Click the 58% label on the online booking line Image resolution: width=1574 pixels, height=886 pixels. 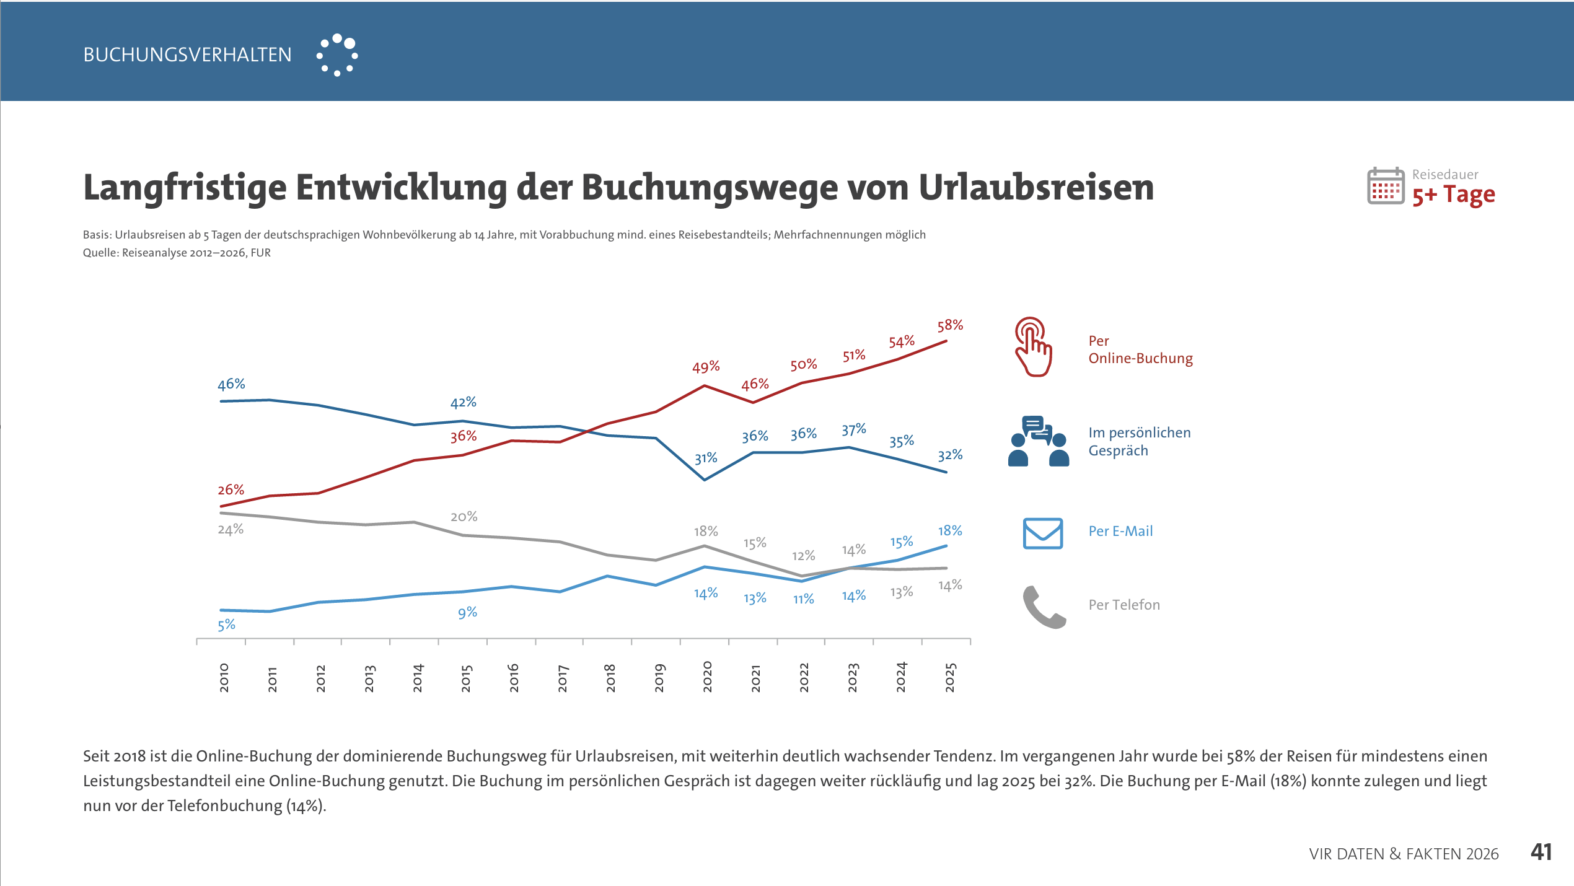click(x=950, y=325)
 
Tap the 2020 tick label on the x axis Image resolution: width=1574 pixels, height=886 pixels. click(x=707, y=677)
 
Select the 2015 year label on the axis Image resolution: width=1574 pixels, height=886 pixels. click(x=467, y=678)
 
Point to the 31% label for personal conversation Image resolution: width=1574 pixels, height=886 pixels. click(x=706, y=458)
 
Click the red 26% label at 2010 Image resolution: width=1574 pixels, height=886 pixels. click(x=231, y=490)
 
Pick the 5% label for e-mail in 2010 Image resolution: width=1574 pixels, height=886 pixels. click(x=226, y=625)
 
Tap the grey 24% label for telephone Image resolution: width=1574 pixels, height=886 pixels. click(x=231, y=530)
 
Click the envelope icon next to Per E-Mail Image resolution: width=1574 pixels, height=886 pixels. click(x=1042, y=533)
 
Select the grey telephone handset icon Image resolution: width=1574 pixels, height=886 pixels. click(x=1044, y=607)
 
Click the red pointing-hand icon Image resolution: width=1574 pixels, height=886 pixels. click(x=1033, y=347)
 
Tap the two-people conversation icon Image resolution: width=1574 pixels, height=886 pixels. click(x=1038, y=441)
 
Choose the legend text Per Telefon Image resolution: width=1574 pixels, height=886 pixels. click(x=1124, y=605)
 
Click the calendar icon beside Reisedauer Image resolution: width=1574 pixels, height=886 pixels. click(x=1385, y=186)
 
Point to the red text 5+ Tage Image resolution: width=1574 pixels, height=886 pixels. click(x=1453, y=195)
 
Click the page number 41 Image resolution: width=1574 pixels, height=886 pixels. click(x=1541, y=853)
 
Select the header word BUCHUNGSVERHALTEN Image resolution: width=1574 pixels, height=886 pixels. click(x=187, y=55)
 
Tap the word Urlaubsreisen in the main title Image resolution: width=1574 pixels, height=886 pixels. click(x=1035, y=187)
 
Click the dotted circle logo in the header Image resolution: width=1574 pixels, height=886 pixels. click(x=337, y=55)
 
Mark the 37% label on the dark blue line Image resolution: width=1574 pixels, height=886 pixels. click(x=853, y=430)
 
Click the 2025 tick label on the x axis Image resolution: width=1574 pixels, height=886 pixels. click(x=950, y=677)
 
